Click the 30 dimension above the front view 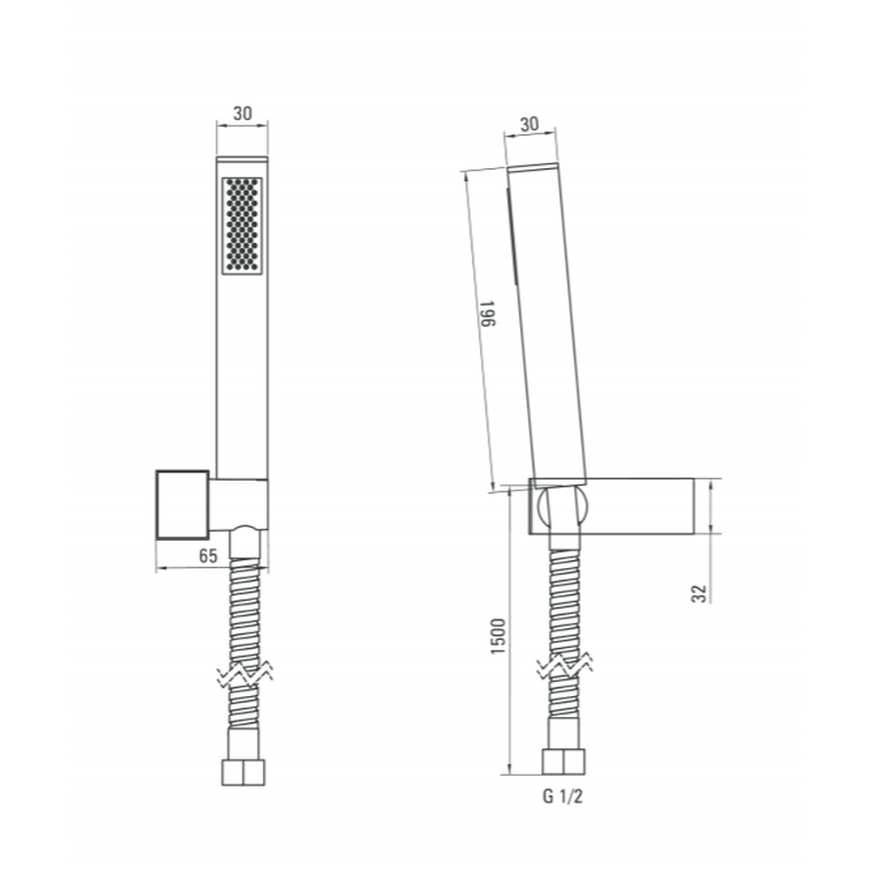(242, 113)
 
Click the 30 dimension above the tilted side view (530, 124)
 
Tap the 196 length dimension (487, 314)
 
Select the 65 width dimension (208, 556)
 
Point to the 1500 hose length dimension (498, 636)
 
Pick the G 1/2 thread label (563, 797)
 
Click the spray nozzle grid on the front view (242, 226)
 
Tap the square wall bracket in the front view (183, 505)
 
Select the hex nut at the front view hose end (243, 772)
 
